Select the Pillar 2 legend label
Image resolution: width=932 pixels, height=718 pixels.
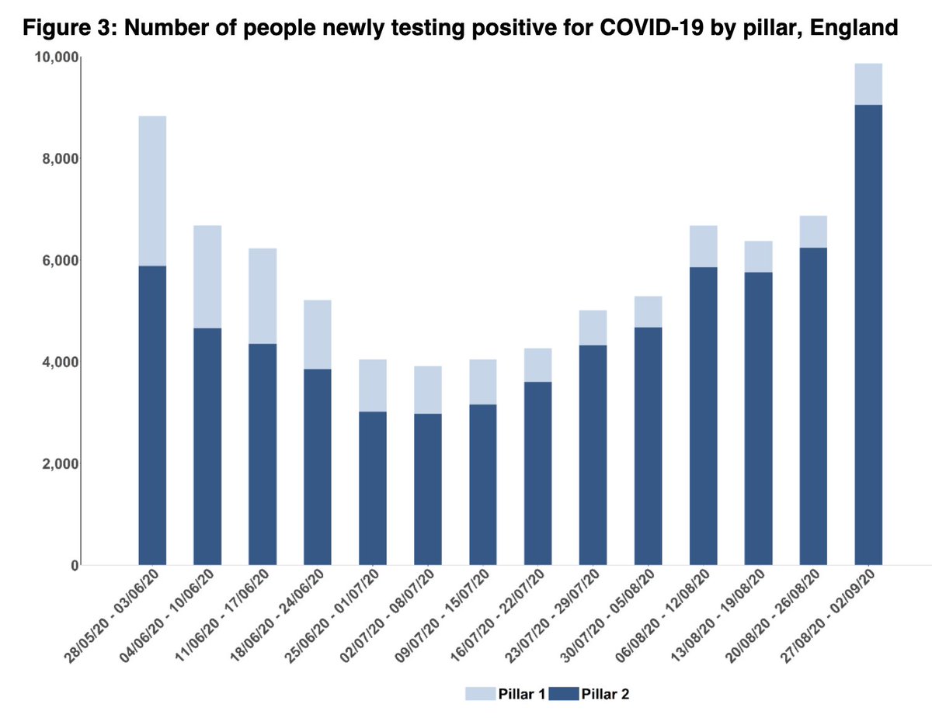(605, 694)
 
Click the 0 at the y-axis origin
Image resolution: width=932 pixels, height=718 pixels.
(75, 566)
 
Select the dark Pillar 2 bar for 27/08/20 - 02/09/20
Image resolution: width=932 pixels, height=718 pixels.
(868, 334)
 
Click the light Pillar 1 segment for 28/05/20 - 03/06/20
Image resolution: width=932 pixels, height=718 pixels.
(152, 191)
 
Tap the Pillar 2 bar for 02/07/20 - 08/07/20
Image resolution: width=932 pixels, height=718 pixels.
(428, 489)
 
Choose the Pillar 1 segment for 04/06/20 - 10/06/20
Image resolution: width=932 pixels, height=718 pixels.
(207, 276)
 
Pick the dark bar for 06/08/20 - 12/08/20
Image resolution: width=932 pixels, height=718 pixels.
(703, 416)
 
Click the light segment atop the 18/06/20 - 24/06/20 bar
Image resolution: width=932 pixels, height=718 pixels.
(318, 334)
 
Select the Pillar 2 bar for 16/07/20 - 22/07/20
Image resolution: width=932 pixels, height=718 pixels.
(537, 473)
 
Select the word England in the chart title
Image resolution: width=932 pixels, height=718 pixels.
(852, 29)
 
